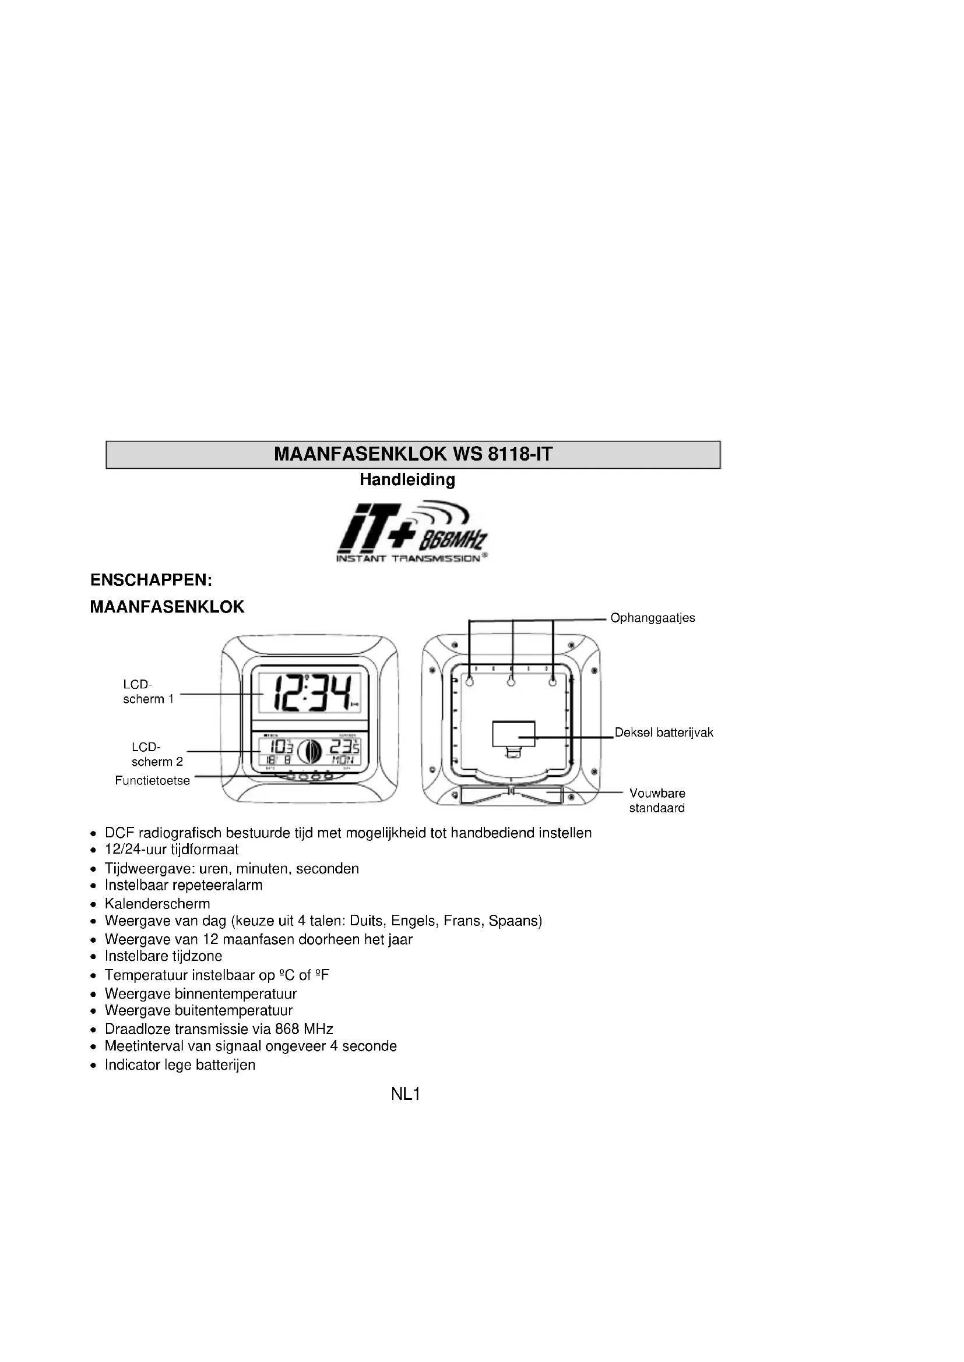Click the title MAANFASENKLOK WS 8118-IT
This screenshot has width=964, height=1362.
click(x=413, y=454)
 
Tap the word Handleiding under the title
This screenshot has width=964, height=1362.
click(x=407, y=479)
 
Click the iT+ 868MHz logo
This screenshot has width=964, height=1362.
click(x=412, y=533)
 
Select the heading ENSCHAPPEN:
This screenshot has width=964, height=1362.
click(x=151, y=580)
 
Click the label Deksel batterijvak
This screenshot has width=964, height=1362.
click(x=664, y=733)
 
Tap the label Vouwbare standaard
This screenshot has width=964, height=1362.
click(x=656, y=800)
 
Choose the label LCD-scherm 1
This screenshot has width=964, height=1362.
click(x=148, y=692)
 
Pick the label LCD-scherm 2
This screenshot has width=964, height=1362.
click(x=157, y=754)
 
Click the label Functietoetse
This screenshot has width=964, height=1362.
click(x=152, y=781)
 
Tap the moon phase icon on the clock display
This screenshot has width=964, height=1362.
click(x=310, y=752)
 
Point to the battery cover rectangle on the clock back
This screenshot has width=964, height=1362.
click(x=513, y=734)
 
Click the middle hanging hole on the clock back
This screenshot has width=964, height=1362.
click(x=511, y=683)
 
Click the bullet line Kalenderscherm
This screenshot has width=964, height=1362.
click(x=157, y=904)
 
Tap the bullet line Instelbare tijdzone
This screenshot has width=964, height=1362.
click(x=163, y=956)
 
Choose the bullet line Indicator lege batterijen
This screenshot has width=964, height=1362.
click(x=180, y=1065)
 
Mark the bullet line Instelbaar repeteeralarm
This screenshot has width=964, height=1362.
click(x=184, y=885)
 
